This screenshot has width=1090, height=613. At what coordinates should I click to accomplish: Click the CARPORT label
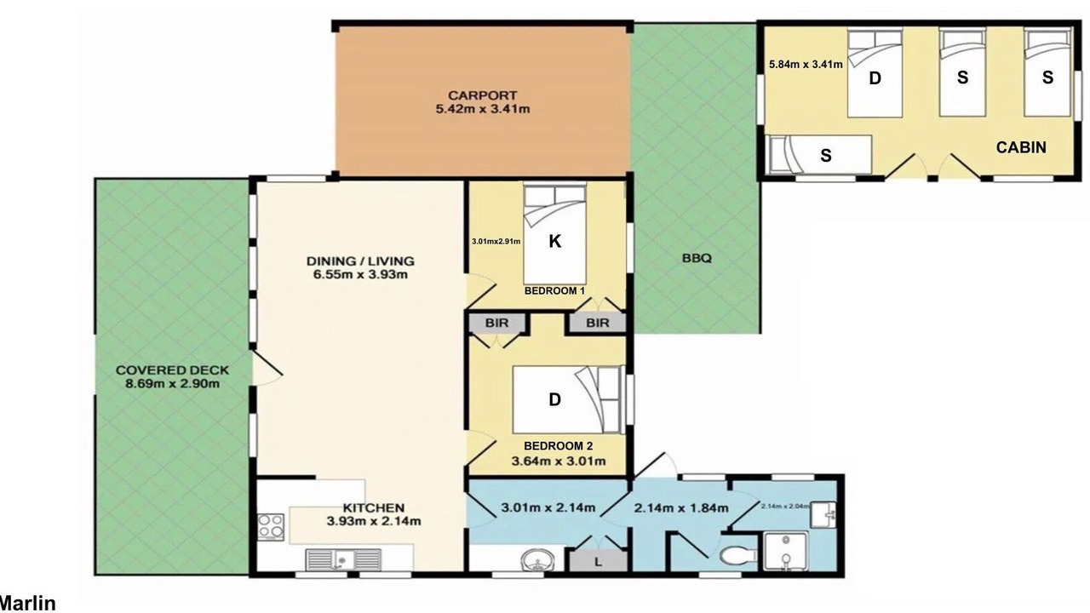click(482, 95)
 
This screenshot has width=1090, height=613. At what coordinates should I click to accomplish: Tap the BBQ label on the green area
click(697, 258)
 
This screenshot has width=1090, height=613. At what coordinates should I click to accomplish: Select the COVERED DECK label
click(172, 370)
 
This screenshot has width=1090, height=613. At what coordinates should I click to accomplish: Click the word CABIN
click(1021, 147)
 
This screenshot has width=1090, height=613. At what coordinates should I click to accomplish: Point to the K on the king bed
click(554, 241)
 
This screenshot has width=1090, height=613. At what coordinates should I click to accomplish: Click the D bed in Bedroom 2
click(568, 399)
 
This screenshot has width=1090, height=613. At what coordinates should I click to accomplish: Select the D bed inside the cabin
click(875, 72)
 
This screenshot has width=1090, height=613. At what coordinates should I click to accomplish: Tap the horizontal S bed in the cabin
click(818, 155)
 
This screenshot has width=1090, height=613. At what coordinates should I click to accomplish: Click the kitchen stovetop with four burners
click(271, 526)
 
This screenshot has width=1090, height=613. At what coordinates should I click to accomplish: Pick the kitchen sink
click(343, 559)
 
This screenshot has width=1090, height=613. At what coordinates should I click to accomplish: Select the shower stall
click(786, 551)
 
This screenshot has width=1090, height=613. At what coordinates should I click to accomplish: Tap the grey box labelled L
click(598, 562)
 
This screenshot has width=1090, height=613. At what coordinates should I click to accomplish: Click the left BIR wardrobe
click(496, 323)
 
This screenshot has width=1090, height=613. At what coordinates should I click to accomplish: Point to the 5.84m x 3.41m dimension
click(806, 64)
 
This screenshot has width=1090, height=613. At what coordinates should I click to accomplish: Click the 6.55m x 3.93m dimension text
click(360, 275)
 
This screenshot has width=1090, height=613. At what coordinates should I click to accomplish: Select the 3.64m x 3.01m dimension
click(559, 461)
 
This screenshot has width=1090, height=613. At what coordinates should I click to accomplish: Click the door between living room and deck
click(267, 370)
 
